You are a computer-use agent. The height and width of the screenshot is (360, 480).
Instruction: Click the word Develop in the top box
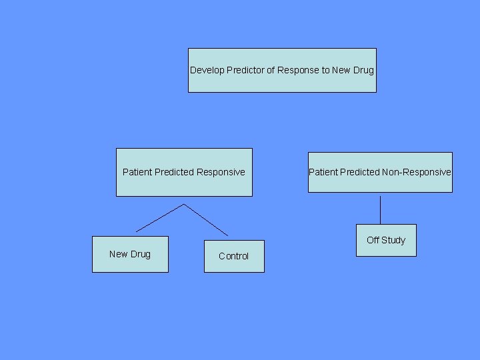point(206,70)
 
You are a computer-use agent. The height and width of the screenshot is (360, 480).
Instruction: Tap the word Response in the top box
point(298,70)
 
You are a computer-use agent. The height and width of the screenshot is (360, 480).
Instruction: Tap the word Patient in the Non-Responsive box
point(323,172)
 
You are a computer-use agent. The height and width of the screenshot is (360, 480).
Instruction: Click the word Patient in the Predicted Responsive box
point(137,172)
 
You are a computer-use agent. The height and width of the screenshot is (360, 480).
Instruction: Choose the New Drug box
point(130,254)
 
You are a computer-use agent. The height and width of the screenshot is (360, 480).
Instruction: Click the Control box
point(233,256)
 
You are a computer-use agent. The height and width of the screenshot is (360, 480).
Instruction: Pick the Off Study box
point(386,240)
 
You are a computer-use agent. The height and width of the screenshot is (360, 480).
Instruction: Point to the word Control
point(233,256)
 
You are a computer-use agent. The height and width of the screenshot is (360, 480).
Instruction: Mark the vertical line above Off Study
point(380,210)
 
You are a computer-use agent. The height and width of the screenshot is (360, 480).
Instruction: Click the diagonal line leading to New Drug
point(160,218)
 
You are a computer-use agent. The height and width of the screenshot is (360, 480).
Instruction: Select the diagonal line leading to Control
point(205,220)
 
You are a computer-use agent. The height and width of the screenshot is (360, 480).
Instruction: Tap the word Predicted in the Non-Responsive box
point(359,172)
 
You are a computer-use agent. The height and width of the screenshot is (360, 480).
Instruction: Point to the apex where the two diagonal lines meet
point(183,205)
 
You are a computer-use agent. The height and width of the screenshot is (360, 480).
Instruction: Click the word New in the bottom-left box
point(118,254)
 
